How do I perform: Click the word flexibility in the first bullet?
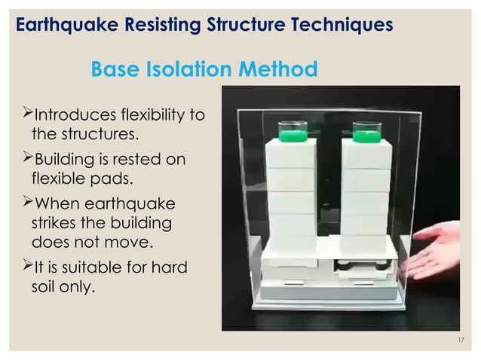pyautogui.click(x=155, y=115)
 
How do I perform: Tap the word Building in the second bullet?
pyautogui.click(x=64, y=159)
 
